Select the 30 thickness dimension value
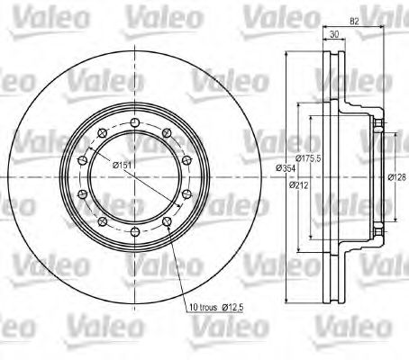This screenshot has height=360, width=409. (333, 35)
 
